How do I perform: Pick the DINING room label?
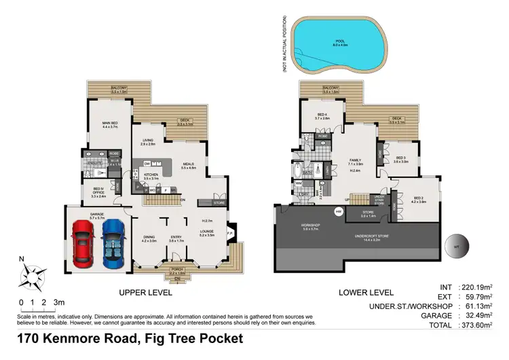pyautogui.click(x=149, y=237)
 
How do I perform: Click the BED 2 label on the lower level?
pyautogui.click(x=419, y=198)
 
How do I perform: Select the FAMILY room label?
pyautogui.click(x=355, y=160)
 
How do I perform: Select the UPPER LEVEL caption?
pyautogui.click(x=145, y=293)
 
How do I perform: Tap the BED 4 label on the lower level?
pyautogui.click(x=322, y=115)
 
